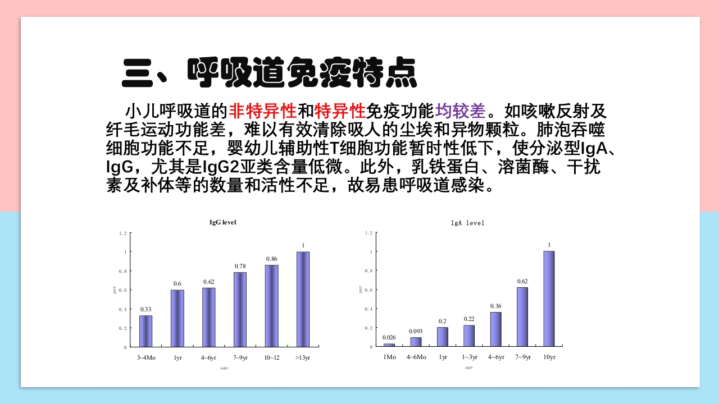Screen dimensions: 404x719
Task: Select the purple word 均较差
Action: [460, 111]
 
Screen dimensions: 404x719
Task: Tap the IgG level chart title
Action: [223, 222]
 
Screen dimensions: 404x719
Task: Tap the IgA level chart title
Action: [467, 223]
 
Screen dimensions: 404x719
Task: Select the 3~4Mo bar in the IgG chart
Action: [145, 331]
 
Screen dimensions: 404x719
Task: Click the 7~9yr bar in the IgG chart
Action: [240, 309]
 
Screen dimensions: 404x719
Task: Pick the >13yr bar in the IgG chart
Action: [303, 299]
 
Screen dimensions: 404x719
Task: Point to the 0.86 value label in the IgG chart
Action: [271, 259]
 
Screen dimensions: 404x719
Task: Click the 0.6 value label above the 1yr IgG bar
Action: [177, 284]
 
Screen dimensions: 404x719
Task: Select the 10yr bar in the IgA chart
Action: [549, 299]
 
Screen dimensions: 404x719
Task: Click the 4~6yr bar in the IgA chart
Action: [495, 329]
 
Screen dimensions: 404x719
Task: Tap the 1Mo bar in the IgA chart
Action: [389, 345]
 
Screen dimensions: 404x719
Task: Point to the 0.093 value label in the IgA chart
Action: [416, 331]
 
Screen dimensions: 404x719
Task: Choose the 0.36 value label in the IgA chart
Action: [495, 306]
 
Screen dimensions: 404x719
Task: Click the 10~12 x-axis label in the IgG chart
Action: [271, 357]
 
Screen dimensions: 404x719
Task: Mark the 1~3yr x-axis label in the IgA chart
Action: [469, 357]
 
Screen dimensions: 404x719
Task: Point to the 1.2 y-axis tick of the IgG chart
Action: [123, 233]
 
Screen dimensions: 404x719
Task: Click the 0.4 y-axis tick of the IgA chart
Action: [368, 309]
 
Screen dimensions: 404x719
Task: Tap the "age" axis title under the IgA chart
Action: [468, 368]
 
